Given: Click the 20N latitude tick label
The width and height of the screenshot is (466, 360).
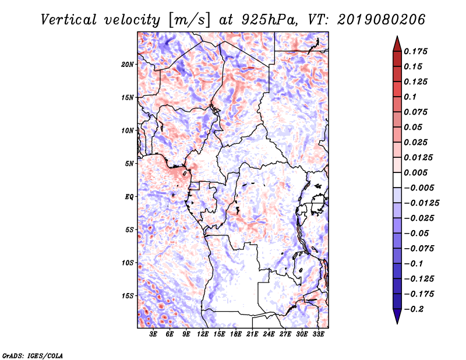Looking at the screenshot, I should pyautogui.click(x=128, y=64).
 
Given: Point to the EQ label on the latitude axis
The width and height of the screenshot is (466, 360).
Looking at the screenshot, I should pyautogui.click(x=129, y=197).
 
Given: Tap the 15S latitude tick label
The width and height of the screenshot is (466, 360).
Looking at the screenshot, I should pyautogui.click(x=128, y=296).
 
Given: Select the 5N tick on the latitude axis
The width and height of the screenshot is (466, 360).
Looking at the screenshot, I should pyautogui.click(x=129, y=164).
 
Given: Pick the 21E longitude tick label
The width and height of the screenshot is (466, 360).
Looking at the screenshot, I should pyautogui.click(x=252, y=335).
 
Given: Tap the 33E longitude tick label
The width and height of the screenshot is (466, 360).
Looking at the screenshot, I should pyautogui.click(x=318, y=335).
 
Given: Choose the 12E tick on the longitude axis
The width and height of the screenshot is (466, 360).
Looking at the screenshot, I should pyautogui.click(x=203, y=335).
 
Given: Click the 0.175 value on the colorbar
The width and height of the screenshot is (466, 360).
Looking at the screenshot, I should pyautogui.click(x=416, y=51).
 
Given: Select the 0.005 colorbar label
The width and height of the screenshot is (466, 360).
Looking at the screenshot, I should pyautogui.click(x=416, y=172).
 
